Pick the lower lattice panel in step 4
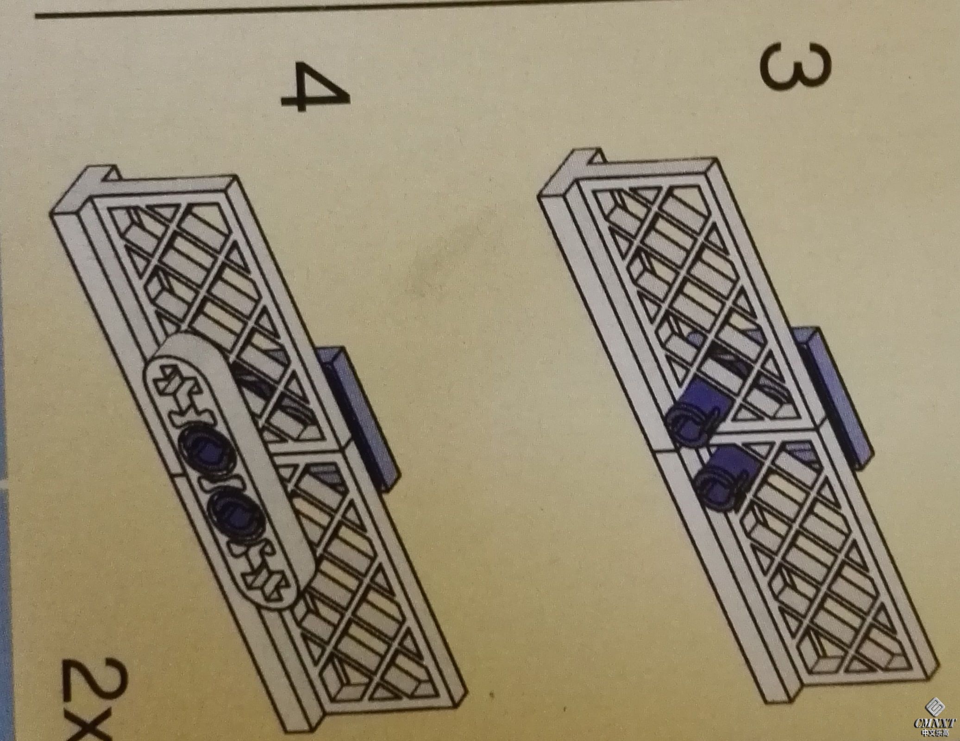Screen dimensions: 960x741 coord(352,584)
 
